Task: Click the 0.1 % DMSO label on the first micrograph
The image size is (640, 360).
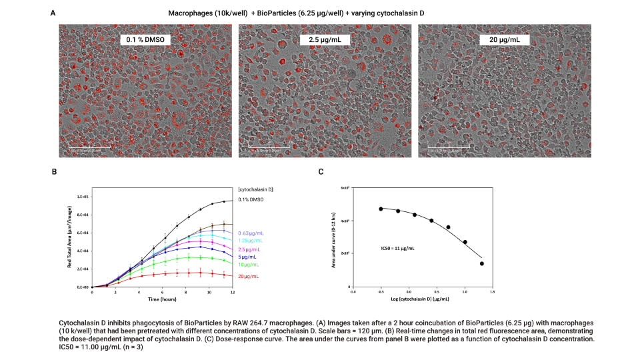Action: (x=145, y=41)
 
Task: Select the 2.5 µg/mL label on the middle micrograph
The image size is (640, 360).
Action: (x=325, y=41)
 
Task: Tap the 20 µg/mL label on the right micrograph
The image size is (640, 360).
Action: (x=504, y=41)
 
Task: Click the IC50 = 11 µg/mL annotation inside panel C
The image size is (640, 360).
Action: (x=393, y=248)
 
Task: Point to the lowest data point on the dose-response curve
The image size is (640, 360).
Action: (x=481, y=263)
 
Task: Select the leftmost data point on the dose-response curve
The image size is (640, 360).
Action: (x=381, y=209)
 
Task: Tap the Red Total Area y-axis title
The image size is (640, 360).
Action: (x=69, y=241)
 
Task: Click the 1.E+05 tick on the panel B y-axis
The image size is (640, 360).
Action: (x=83, y=197)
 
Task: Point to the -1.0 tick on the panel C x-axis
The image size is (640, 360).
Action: (x=352, y=291)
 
